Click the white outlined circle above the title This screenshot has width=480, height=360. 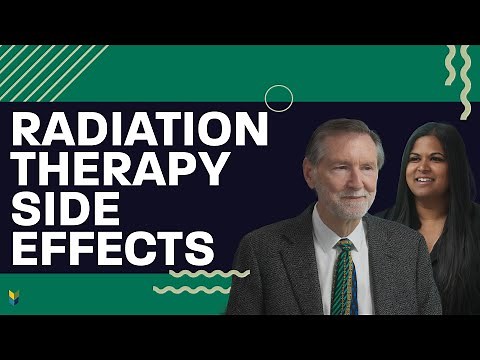[x=279, y=98]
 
